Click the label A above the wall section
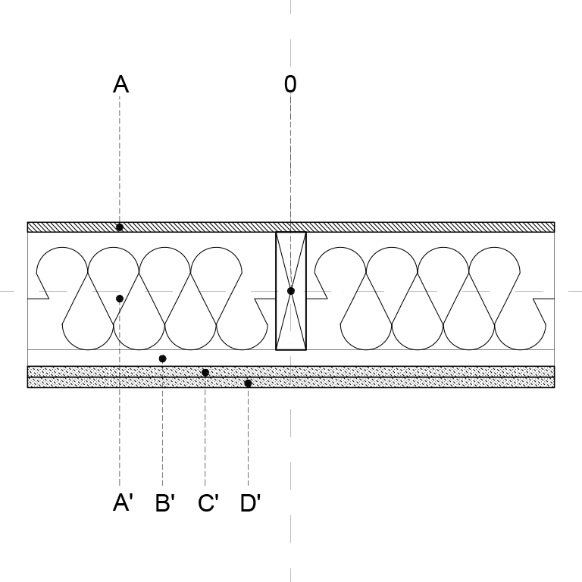point(120,84)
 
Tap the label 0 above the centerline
point(290,84)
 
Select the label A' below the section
point(123,503)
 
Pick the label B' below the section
point(164,503)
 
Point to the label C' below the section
point(208,503)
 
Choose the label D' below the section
point(250,503)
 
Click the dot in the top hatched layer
point(120,227)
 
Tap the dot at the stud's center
point(291,291)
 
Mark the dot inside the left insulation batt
point(120,299)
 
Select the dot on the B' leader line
point(162,358)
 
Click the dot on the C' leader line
point(205,372)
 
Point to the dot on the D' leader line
point(248,383)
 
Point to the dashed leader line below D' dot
point(248,436)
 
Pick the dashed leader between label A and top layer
point(120,159)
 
